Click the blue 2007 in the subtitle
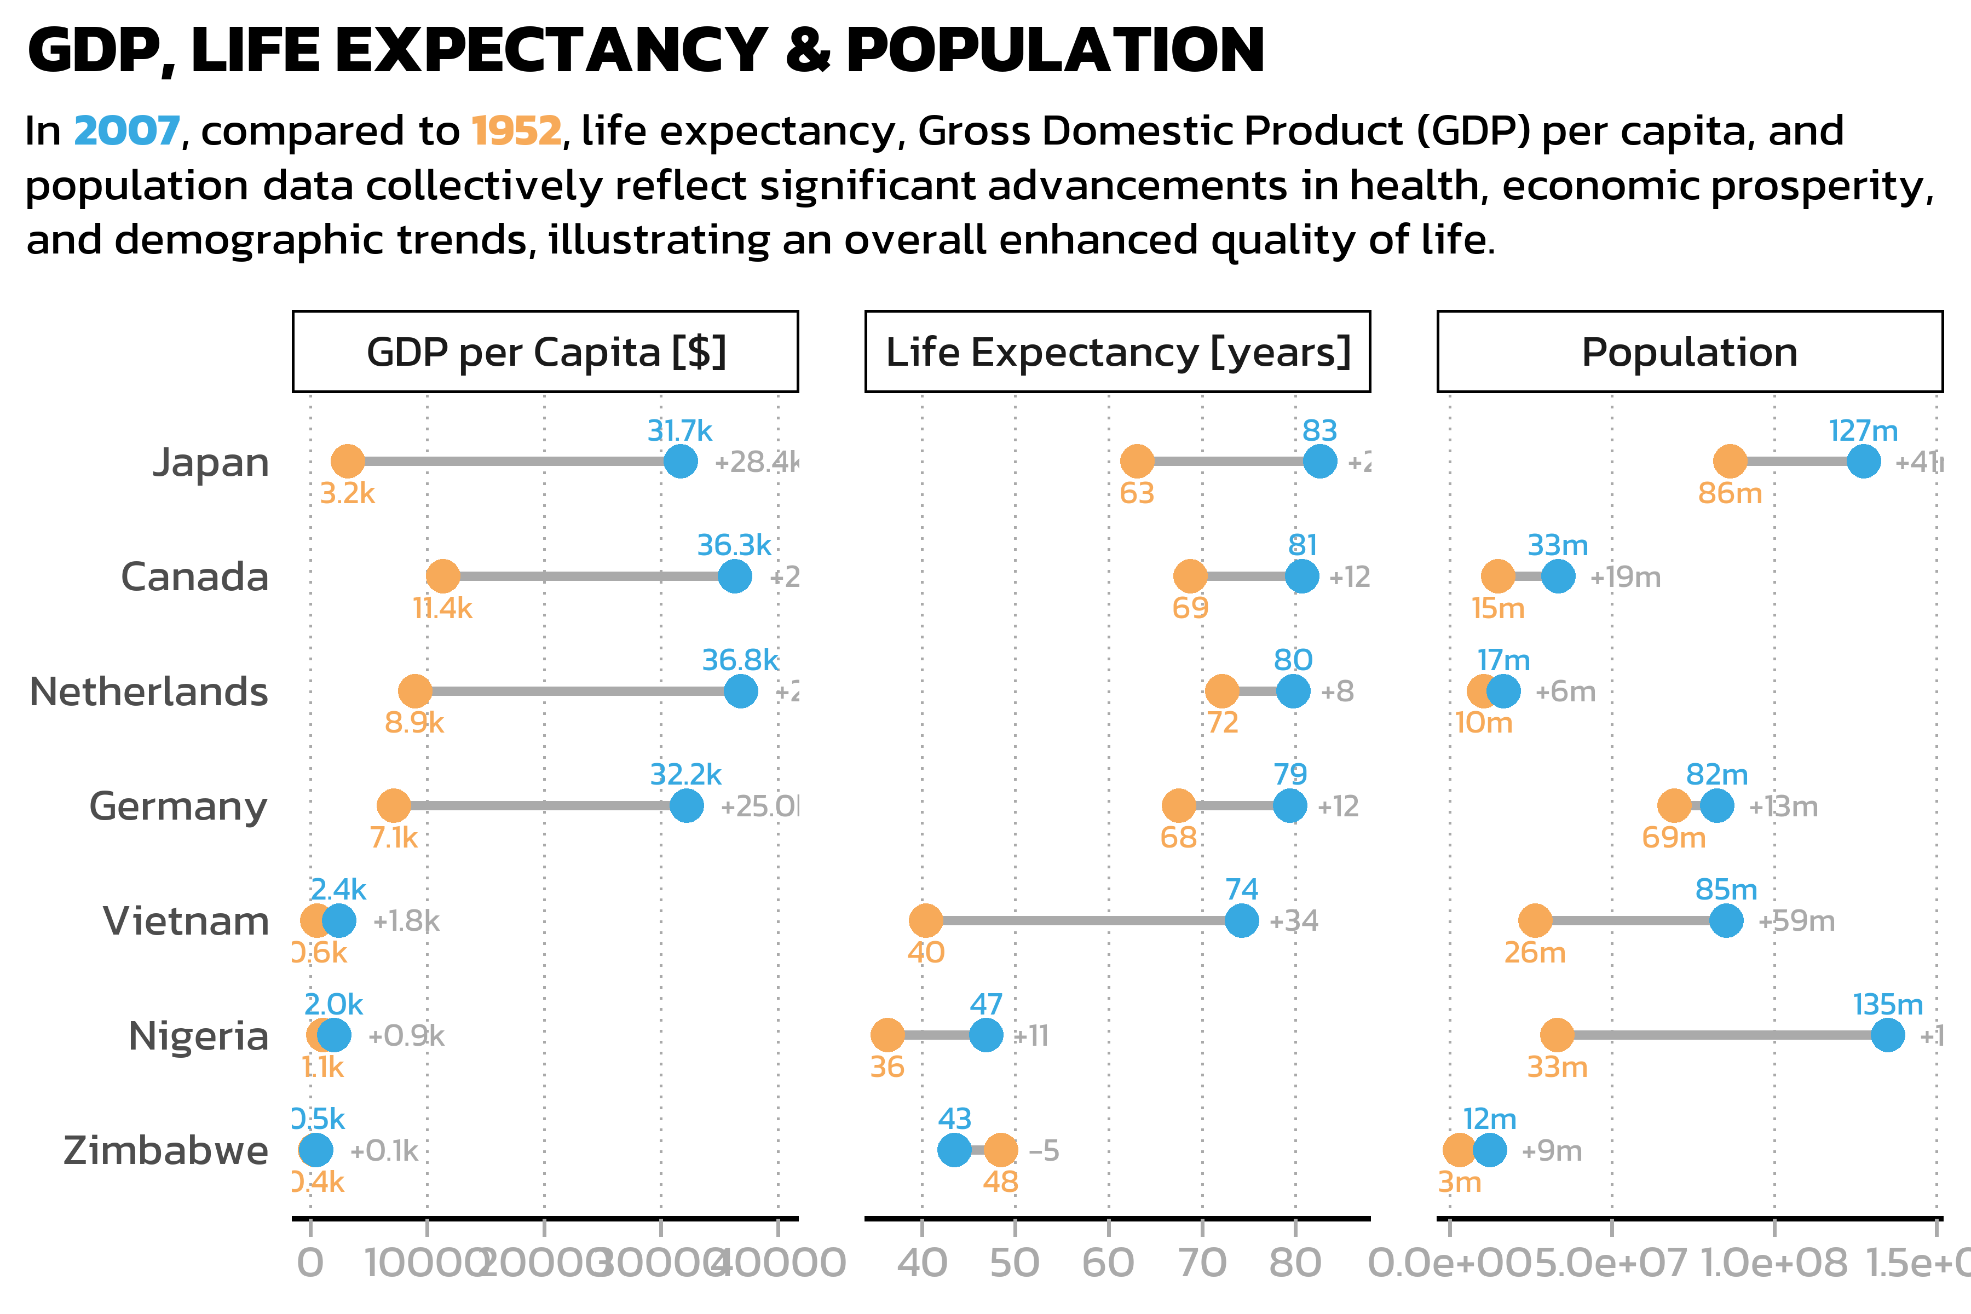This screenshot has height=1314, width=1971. click(126, 131)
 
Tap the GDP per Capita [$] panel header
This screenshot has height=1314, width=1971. click(545, 352)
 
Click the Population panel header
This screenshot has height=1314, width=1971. click(1690, 352)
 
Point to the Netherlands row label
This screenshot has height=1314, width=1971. click(148, 691)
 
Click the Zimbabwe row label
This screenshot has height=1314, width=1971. click(165, 1151)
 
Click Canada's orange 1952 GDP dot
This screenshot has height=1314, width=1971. click(442, 577)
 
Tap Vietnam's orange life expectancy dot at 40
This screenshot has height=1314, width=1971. click(925, 920)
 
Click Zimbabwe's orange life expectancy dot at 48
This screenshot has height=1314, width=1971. click(1001, 1151)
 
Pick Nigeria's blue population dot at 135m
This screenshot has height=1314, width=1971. click(1887, 1036)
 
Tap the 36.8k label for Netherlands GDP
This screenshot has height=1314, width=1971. click(740, 660)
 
